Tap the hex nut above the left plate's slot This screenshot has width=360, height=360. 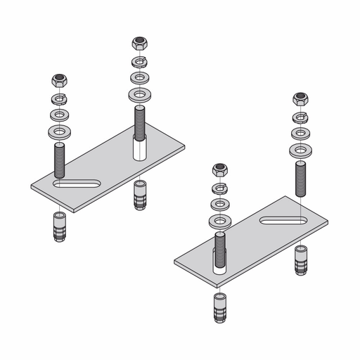(58, 80)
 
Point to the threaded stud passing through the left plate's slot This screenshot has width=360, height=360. (58, 160)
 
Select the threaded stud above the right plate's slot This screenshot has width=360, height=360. (301, 176)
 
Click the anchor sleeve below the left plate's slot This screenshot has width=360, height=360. (58, 224)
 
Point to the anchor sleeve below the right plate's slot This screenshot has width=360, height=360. (301, 259)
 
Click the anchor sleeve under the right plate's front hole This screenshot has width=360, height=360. (221, 305)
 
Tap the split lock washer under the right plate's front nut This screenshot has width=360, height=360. (221, 187)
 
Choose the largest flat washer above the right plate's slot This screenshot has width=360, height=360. (301, 148)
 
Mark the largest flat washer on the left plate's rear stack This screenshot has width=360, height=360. (139, 94)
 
